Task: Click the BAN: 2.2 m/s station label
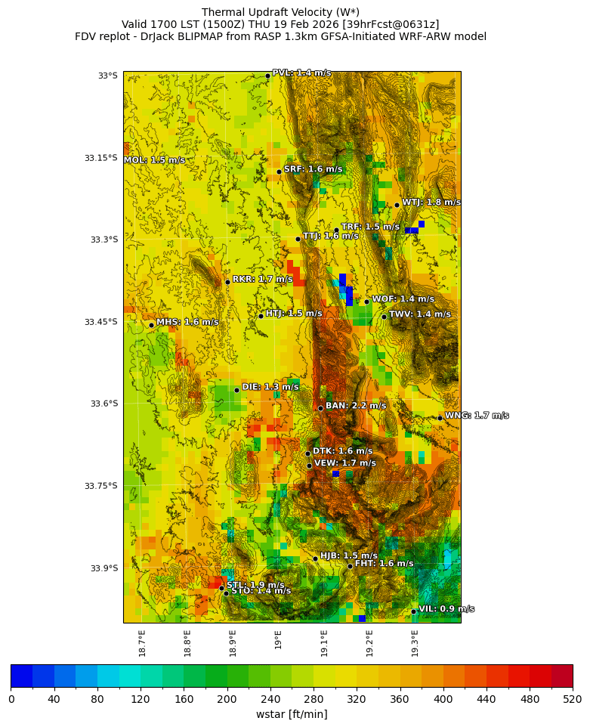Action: (355, 406)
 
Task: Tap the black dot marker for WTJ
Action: (397, 205)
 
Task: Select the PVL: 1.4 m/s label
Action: (301, 73)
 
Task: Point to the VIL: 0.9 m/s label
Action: (446, 609)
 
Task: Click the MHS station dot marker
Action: (151, 325)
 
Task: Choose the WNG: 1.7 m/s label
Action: (476, 416)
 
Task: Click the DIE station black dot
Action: (236, 390)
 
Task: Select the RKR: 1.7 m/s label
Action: (262, 280)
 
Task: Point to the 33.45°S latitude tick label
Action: (102, 322)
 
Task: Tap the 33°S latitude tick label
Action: (107, 76)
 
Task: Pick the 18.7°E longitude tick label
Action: (141, 642)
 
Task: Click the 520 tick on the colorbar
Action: (572, 700)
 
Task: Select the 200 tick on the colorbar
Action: (227, 700)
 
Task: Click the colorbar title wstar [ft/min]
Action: (292, 714)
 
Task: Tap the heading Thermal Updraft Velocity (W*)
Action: (280, 12)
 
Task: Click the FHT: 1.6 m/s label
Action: (384, 564)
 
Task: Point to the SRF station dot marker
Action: (279, 172)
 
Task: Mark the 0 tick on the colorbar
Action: (11, 700)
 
